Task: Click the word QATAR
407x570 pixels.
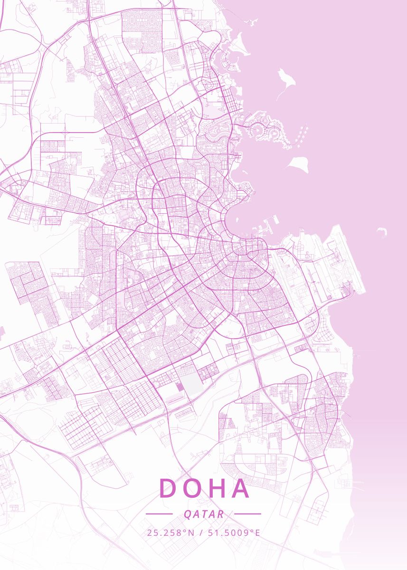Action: tap(203, 514)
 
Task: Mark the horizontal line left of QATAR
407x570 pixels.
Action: tap(159, 513)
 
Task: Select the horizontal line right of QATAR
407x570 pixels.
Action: tap(247, 513)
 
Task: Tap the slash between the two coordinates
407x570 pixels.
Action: tap(201, 532)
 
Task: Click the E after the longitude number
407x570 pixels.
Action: tap(257, 532)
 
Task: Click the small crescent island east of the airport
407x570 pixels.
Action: tap(382, 232)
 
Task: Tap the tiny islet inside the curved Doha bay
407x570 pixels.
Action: tap(245, 171)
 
